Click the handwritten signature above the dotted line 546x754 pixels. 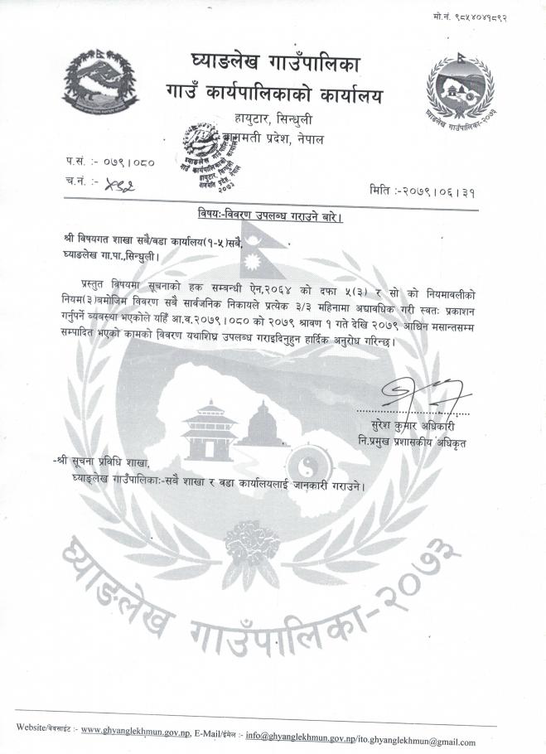420,390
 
